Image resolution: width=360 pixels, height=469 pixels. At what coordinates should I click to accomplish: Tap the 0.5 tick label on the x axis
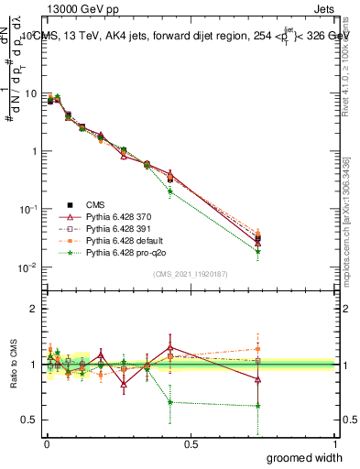(x=190, y=443)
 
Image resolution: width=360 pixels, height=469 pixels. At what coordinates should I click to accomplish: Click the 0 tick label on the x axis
(x=46, y=443)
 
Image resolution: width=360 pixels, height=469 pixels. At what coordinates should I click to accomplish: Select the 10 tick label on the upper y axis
(x=31, y=93)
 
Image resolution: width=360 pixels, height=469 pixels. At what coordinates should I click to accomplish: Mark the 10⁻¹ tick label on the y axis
(x=28, y=209)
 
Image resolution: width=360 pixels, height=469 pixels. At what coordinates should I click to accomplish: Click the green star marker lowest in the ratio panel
(x=258, y=406)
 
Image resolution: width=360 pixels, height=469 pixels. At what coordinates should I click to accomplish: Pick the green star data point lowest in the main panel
(x=258, y=251)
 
